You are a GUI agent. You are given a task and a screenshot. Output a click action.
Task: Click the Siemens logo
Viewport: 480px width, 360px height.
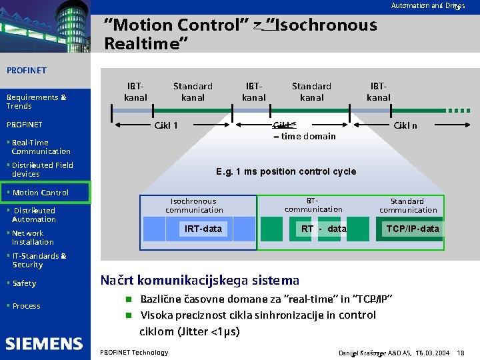click(44, 343)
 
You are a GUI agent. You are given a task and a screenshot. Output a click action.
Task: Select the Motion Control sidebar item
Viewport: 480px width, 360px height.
click(40, 193)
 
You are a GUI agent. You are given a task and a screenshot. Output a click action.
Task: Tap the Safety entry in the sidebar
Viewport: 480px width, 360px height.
click(24, 283)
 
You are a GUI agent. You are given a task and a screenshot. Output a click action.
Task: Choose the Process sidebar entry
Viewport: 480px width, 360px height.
click(26, 306)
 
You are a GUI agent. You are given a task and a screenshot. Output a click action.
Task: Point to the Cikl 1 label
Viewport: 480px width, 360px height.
click(166, 125)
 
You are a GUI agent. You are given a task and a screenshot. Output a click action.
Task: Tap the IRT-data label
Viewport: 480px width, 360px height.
click(203, 229)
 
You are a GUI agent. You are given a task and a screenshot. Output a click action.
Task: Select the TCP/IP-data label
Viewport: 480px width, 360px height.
click(413, 229)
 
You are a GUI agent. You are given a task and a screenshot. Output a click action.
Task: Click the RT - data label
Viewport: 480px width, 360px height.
click(324, 229)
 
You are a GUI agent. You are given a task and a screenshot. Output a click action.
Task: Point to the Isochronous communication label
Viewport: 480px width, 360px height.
click(193, 205)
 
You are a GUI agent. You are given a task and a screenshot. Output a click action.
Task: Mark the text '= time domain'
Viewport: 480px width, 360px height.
click(305, 137)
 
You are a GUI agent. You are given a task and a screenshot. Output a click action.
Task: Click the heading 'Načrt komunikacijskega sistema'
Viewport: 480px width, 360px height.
click(199, 280)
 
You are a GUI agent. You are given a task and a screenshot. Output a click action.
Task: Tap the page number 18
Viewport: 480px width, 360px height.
click(461, 352)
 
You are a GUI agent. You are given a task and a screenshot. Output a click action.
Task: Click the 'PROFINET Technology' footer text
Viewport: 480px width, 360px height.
click(133, 352)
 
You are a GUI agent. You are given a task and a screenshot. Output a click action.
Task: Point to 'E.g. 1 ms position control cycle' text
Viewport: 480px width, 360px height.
click(286, 171)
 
